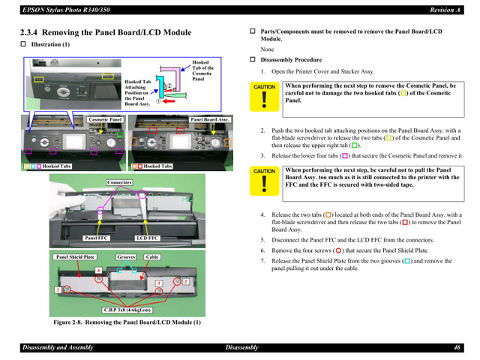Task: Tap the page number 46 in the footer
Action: (x=456, y=348)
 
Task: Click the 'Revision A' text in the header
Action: (x=445, y=9)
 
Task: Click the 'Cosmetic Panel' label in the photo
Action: (x=105, y=119)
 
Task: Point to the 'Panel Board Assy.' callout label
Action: (x=210, y=119)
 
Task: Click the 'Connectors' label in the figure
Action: (x=119, y=182)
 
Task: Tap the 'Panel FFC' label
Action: (x=97, y=238)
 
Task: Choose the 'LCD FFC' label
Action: (x=147, y=238)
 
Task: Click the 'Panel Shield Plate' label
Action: (x=75, y=257)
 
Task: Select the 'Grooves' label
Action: (x=126, y=257)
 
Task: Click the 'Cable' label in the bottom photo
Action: (x=152, y=257)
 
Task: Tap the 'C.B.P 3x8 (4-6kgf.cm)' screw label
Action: (x=127, y=309)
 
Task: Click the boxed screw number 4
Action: (x=98, y=270)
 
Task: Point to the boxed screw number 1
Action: (x=57, y=289)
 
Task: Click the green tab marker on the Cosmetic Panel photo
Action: (x=120, y=135)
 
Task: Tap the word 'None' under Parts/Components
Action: (x=267, y=49)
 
